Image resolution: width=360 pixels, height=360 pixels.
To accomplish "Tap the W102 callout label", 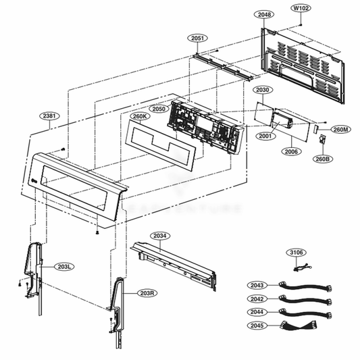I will click(301, 8).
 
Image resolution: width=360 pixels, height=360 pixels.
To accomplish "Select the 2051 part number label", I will click(197, 38).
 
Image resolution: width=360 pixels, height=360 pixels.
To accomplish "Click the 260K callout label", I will click(139, 115).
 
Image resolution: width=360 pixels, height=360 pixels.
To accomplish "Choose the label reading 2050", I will click(158, 108).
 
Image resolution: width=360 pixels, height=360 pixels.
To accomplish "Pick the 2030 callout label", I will click(263, 90).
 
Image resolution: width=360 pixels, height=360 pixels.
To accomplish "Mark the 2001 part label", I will click(263, 136).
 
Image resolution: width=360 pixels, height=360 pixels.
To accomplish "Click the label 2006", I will click(292, 152).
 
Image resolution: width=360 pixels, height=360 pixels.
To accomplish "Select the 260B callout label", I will click(322, 159).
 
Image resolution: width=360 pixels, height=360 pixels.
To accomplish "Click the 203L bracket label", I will click(66, 267).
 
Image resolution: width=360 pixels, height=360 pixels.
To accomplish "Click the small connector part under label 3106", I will click(301, 267).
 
